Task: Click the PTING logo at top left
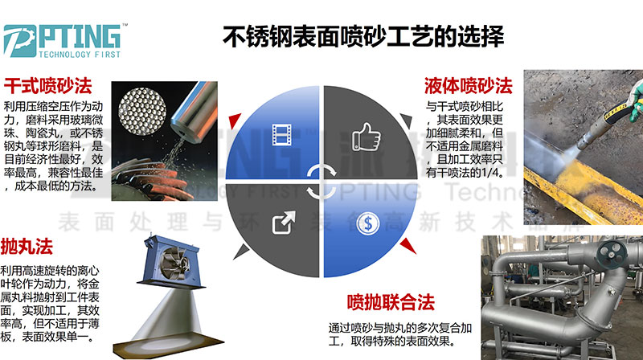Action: pyautogui.click(x=63, y=41)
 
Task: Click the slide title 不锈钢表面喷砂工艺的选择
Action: pyautogui.click(x=363, y=36)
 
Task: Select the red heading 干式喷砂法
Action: pyautogui.click(x=48, y=85)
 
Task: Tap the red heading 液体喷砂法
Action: pyautogui.click(x=469, y=86)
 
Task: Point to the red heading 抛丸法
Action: pyautogui.click(x=27, y=247)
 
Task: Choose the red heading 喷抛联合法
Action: pyautogui.click(x=391, y=302)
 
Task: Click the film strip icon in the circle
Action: pyautogui.click(x=282, y=135)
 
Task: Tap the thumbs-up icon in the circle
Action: pyautogui.click(x=367, y=137)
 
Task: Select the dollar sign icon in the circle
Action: pyautogui.click(x=367, y=224)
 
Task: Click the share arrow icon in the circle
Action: pyautogui.click(x=284, y=223)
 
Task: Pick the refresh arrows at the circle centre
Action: pyautogui.click(x=321, y=182)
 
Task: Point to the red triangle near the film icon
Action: pyautogui.click(x=235, y=121)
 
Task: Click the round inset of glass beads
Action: pyautogui.click(x=142, y=111)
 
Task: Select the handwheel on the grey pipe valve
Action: pyautogui.click(x=612, y=255)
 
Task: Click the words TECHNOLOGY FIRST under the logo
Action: pyautogui.click(x=80, y=54)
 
